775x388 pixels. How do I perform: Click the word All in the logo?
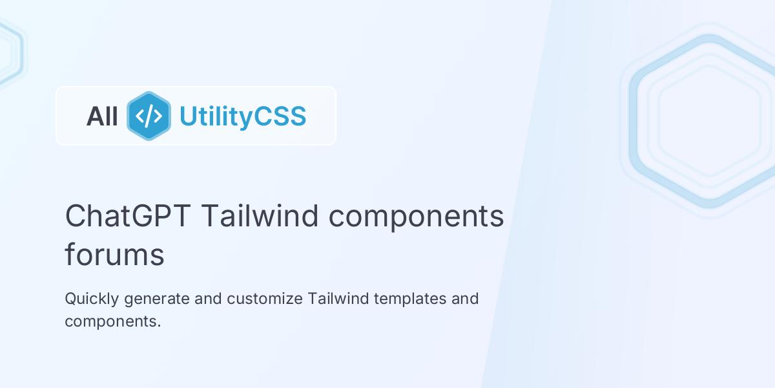[x=102, y=116]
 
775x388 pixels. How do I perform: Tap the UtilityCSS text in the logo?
[x=242, y=116]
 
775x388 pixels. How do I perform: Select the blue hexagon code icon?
[x=149, y=116]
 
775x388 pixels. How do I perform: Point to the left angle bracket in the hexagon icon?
[x=139, y=116]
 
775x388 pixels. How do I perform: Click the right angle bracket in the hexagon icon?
[x=158, y=116]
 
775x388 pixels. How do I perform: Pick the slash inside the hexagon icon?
[x=149, y=116]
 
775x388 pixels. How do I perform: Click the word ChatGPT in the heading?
[x=128, y=216]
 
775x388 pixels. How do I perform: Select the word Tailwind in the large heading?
[x=260, y=216]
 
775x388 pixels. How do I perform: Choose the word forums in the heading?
[x=114, y=255]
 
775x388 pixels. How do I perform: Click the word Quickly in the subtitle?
[x=91, y=299]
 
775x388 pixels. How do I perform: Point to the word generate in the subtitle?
[x=156, y=299]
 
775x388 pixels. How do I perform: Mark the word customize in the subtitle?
[x=265, y=299]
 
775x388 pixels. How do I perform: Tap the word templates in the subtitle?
[x=410, y=299]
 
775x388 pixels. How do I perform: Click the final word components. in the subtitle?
[x=112, y=321]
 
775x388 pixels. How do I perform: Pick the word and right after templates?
[x=465, y=299]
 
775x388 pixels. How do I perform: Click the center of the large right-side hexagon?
[x=708, y=121]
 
